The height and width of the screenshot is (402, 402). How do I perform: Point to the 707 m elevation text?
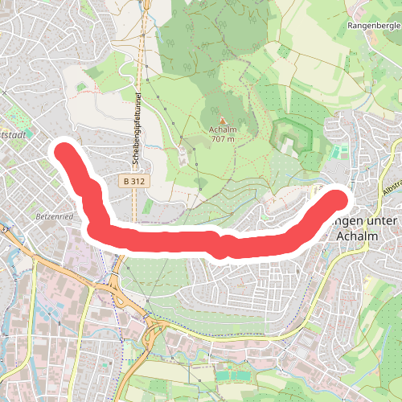click(x=223, y=139)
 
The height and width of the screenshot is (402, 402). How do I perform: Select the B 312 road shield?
click(x=134, y=183)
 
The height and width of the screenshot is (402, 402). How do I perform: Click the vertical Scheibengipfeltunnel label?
click(x=137, y=129)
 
